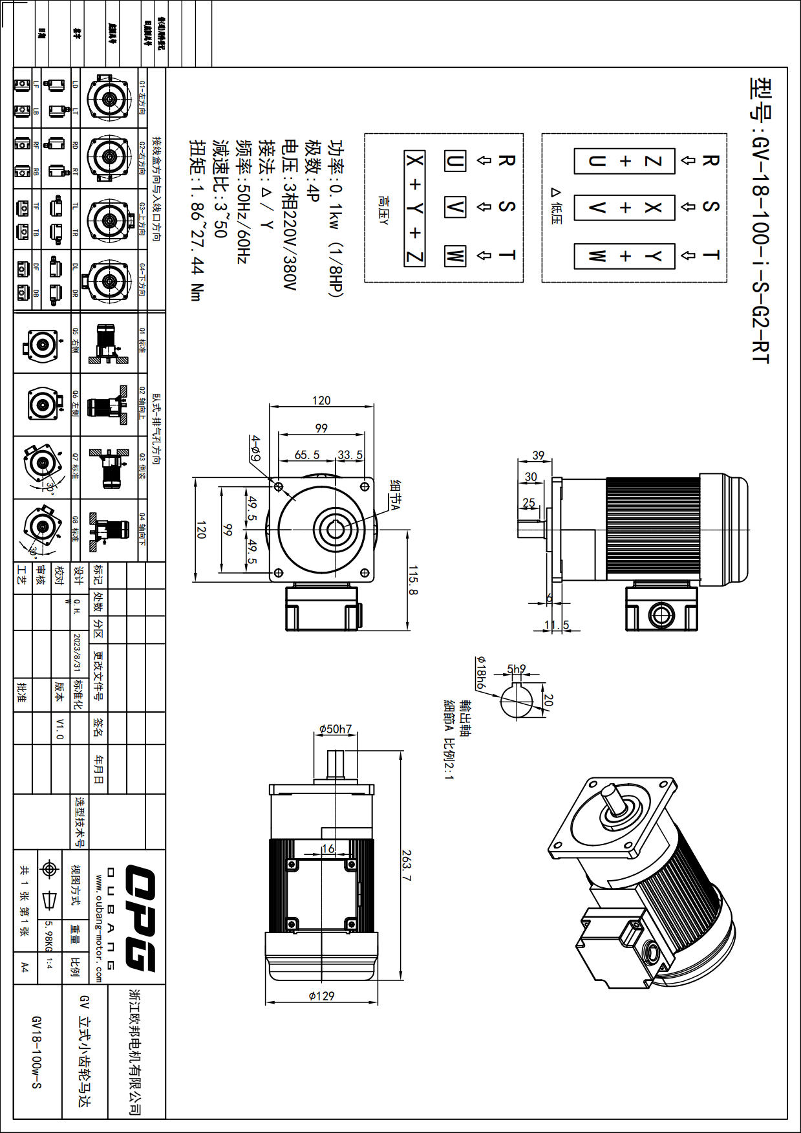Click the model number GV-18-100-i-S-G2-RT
tap(761, 220)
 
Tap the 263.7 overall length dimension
tap(406, 865)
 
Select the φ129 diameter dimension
tap(321, 995)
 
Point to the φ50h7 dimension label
tap(336, 729)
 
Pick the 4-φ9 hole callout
tap(256, 448)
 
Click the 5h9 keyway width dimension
tap(516, 669)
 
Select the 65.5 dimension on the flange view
tap(307, 455)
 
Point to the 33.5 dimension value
tap(350, 455)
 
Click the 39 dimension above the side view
tap(538, 455)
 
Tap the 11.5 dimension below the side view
tap(557, 625)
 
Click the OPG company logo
tap(140, 918)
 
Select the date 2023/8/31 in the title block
tap(77, 652)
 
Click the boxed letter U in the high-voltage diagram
tap(454, 161)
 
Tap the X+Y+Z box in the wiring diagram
tap(414, 208)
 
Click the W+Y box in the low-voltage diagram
tap(625, 256)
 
